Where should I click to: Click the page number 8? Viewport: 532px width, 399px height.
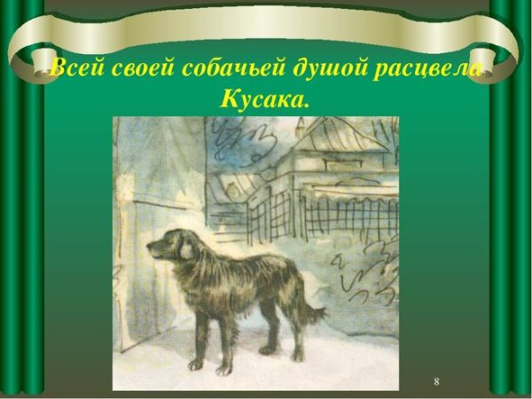click(x=436, y=380)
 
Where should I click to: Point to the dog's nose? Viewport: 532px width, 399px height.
click(x=149, y=252)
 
